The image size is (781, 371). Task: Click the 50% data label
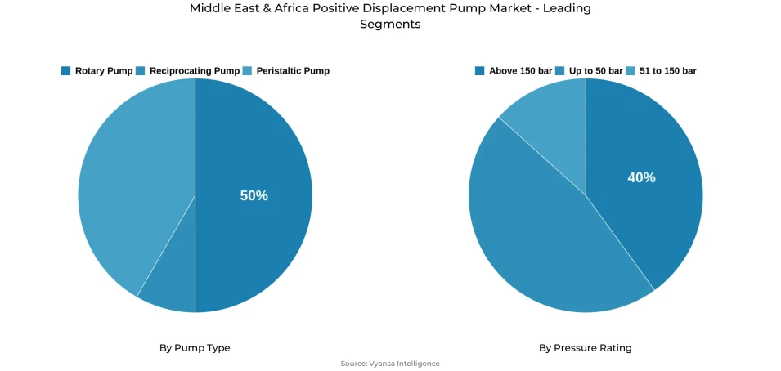click(x=254, y=196)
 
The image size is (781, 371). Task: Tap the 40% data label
click(x=641, y=177)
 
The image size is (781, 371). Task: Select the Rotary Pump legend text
click(x=103, y=71)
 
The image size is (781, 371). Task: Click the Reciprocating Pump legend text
click(x=194, y=71)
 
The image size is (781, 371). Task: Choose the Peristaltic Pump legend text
click(x=292, y=71)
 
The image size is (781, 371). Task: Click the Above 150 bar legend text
click(x=520, y=71)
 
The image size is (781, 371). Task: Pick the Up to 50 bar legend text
click(x=595, y=71)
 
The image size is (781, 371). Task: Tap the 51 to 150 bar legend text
click(x=667, y=71)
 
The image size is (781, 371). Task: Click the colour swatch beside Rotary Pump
click(x=65, y=71)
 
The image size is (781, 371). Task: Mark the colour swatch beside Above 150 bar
click(x=479, y=71)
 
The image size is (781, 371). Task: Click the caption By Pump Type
click(x=195, y=348)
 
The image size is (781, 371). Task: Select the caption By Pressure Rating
click(x=585, y=348)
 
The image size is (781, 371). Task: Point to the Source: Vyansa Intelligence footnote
click(x=390, y=364)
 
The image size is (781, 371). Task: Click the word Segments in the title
click(x=390, y=25)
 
